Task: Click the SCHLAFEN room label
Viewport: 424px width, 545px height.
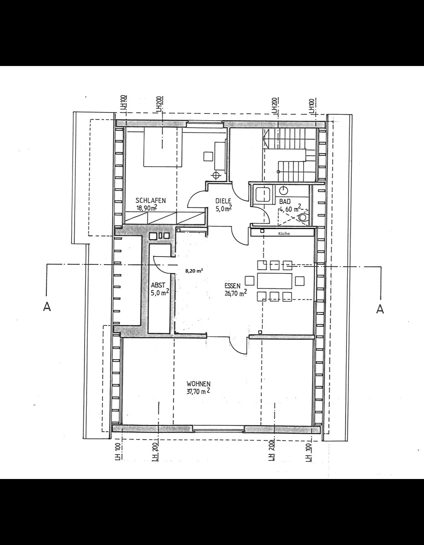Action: click(x=151, y=200)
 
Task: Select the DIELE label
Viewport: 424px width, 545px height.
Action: click(x=223, y=201)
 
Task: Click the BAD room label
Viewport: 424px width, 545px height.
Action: click(x=285, y=201)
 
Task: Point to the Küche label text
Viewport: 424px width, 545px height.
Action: click(x=284, y=233)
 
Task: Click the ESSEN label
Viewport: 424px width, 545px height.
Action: click(x=232, y=286)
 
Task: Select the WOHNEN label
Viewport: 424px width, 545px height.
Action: click(x=198, y=384)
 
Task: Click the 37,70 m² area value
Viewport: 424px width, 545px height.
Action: click(x=198, y=391)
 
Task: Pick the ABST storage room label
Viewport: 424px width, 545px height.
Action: click(x=158, y=285)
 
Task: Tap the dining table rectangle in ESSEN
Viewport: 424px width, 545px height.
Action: click(x=274, y=281)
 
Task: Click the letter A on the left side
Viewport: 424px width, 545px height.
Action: click(x=47, y=307)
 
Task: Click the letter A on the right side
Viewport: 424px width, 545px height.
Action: click(x=380, y=309)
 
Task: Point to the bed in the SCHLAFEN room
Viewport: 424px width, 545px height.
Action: click(x=163, y=147)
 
